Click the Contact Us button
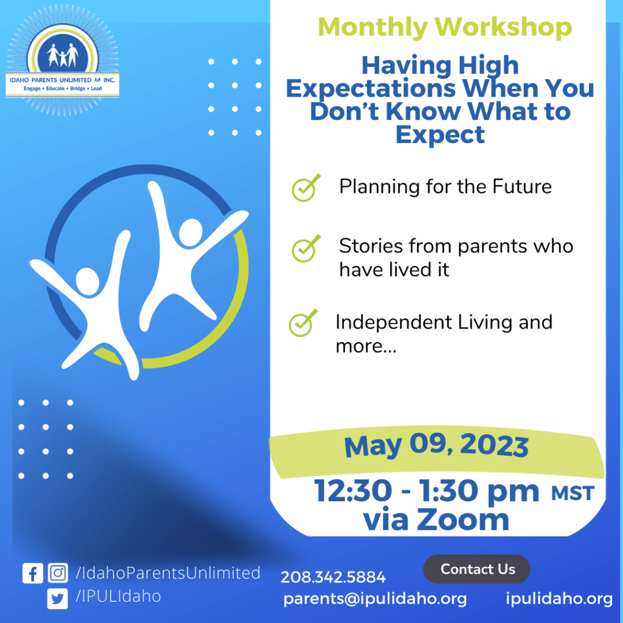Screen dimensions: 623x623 click(x=477, y=569)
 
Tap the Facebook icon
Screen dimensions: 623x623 click(x=32, y=574)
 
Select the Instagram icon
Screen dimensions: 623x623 click(x=58, y=574)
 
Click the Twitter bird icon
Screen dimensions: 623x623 click(x=58, y=598)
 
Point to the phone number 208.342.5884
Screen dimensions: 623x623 click(x=333, y=577)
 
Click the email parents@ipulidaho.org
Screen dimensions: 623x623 click(x=375, y=599)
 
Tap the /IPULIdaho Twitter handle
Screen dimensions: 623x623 click(x=118, y=596)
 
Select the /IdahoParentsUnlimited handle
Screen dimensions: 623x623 click(x=167, y=573)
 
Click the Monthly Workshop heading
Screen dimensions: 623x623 click(x=445, y=27)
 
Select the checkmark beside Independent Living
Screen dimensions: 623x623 click(x=302, y=323)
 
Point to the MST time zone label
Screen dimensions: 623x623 click(x=572, y=493)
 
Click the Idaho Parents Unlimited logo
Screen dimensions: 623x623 click(x=63, y=61)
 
